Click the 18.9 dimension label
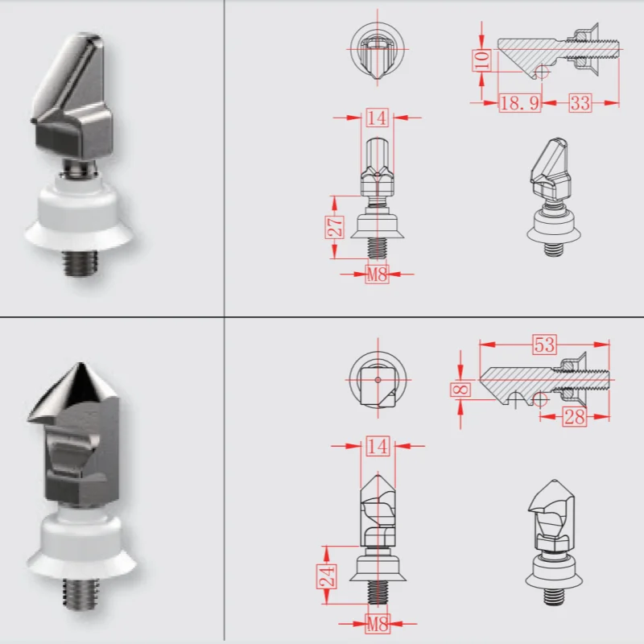pos(519,102)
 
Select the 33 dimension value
pos(580,102)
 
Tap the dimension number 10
pos(481,60)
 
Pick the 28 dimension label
pos(574,419)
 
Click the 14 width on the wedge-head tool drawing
pos(377,118)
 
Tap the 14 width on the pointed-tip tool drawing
pos(377,445)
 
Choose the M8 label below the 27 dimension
pos(377,274)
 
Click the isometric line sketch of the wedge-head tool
pos(551,197)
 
